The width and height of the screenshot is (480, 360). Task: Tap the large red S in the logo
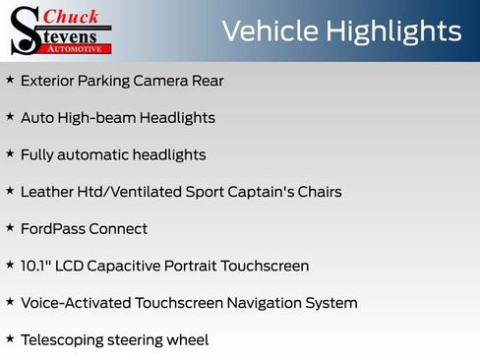tap(24, 30)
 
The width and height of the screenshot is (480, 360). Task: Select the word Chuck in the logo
tap(70, 16)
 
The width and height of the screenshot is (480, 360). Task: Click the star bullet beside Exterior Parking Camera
tap(10, 80)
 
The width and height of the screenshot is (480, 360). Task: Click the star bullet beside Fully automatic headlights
tap(10, 153)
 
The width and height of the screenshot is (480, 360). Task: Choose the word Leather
tap(47, 192)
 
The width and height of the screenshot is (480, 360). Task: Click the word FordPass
tap(51, 229)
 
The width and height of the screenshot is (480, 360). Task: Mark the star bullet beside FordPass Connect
tap(10, 227)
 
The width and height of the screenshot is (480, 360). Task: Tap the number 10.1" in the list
tap(37, 266)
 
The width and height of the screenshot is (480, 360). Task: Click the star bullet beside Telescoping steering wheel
tap(10, 338)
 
